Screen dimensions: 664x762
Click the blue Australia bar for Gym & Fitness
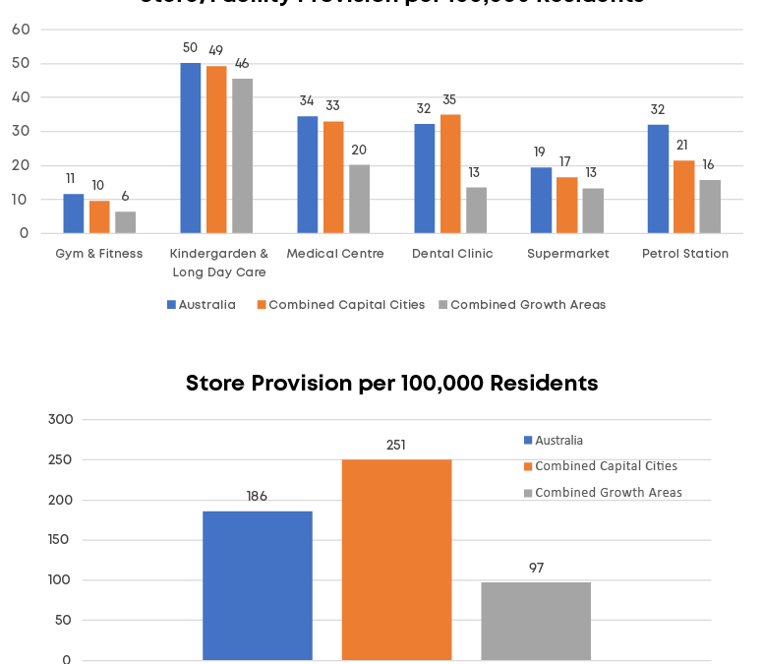pos(74,213)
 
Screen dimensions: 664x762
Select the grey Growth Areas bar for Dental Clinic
pos(476,211)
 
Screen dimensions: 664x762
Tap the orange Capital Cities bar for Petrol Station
pos(682,197)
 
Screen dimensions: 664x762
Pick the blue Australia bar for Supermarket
pos(541,201)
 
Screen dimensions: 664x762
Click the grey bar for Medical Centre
pos(360,199)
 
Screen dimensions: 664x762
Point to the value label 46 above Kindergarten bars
pos(242,64)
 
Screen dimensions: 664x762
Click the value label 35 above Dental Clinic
pos(449,99)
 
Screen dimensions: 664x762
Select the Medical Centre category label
pos(335,254)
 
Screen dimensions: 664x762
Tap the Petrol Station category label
pos(685,254)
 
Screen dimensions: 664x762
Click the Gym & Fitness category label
pos(99,254)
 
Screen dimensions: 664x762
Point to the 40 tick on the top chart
pos(21,97)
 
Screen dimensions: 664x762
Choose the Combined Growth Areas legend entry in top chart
pos(527,305)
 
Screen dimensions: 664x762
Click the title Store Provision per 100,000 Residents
pos(391,383)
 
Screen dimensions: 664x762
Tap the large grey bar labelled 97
pos(536,621)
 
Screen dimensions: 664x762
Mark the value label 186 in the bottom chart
pos(257,497)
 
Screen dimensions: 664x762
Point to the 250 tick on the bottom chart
pos(60,460)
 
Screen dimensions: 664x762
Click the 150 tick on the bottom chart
pos(60,540)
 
